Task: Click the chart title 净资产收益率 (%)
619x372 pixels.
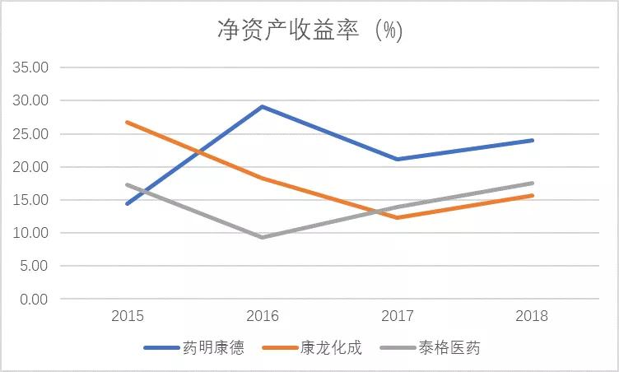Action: click(309, 30)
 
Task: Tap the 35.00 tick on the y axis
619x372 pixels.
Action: click(30, 67)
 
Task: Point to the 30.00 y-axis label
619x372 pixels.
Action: click(30, 100)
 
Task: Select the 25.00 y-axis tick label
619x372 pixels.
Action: click(30, 134)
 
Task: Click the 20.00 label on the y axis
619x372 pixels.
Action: click(30, 166)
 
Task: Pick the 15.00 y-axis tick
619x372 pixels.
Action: click(30, 200)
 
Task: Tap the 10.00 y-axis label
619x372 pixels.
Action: click(30, 233)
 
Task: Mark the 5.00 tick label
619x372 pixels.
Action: click(34, 266)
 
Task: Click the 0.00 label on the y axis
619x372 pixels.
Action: click(34, 299)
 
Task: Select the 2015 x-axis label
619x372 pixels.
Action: click(128, 316)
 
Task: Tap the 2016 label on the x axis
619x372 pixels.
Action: click(263, 316)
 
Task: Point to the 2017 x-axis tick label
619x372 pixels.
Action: click(397, 316)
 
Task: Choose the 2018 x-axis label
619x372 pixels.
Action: click(532, 316)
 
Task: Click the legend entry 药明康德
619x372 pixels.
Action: click(193, 348)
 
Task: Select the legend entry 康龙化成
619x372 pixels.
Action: click(312, 348)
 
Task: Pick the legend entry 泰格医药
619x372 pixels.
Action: click(430, 348)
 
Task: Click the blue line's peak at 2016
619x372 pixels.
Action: click(262, 107)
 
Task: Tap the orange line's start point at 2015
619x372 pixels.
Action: click(128, 123)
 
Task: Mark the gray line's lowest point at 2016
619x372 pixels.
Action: click(262, 237)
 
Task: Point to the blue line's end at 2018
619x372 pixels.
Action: click(532, 140)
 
